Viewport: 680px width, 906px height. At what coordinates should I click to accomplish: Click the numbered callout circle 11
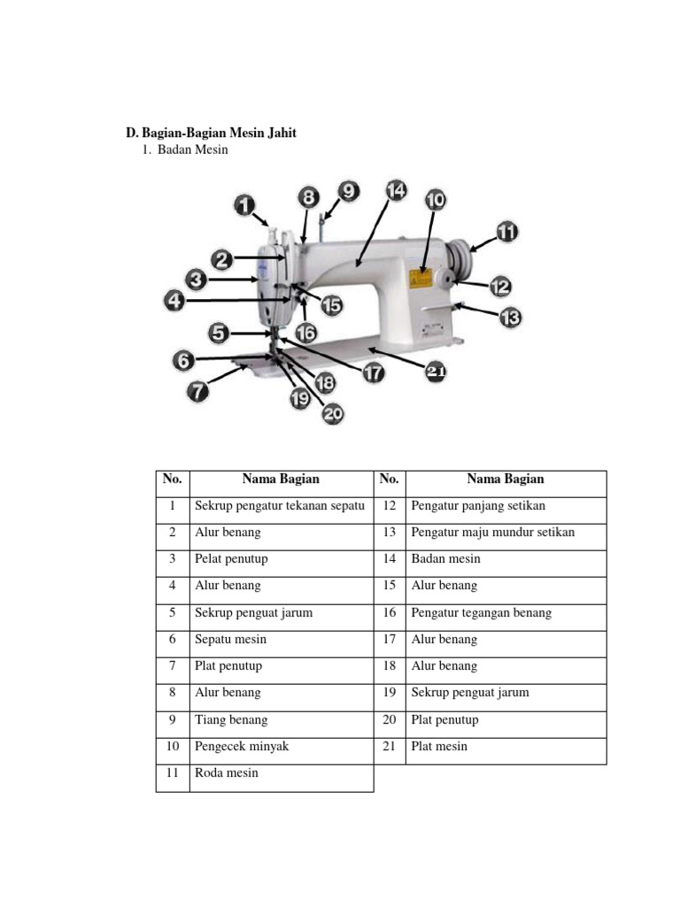click(x=506, y=233)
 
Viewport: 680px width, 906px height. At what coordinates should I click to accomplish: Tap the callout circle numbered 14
click(x=396, y=190)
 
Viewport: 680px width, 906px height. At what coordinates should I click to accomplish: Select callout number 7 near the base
click(x=197, y=390)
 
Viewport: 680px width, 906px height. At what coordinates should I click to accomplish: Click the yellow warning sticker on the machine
click(x=419, y=279)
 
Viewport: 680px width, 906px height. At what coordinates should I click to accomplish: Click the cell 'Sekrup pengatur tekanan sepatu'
click(x=280, y=506)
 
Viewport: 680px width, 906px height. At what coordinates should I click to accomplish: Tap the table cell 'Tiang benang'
click(x=231, y=719)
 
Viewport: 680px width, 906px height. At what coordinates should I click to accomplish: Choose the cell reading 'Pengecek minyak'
click(x=242, y=746)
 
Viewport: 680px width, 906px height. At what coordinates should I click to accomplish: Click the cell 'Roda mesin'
click(x=227, y=773)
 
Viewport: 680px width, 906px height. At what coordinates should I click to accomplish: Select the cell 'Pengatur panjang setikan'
click(x=478, y=506)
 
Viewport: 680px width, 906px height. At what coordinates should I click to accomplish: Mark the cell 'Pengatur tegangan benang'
click(x=481, y=612)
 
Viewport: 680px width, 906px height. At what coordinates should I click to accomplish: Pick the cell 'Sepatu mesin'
click(x=230, y=639)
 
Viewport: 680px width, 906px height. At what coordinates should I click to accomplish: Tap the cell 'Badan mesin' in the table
click(x=445, y=559)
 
